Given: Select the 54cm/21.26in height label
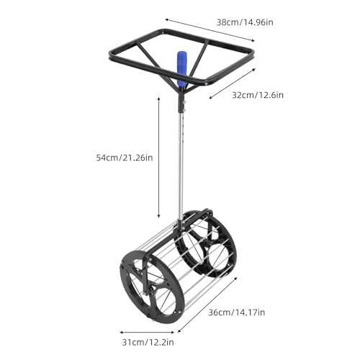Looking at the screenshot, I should click(x=121, y=158).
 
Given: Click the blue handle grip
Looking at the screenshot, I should click(x=181, y=69).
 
